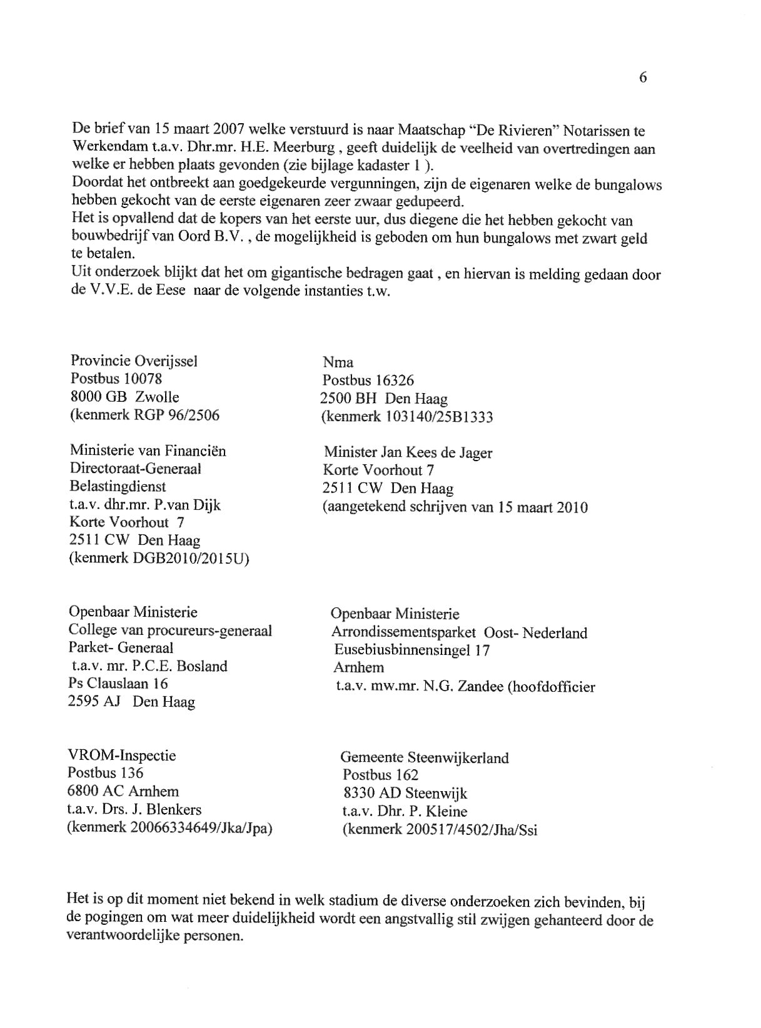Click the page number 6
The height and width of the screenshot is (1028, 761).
tap(643, 77)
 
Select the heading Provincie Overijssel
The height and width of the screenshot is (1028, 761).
tap(134, 361)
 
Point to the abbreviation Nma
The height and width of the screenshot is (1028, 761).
tap(338, 362)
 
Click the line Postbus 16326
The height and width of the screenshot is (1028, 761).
tap(368, 381)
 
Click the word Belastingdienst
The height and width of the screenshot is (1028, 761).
tap(118, 487)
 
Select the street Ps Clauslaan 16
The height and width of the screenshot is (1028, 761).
tap(118, 684)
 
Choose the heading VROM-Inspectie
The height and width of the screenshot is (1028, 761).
tap(121, 756)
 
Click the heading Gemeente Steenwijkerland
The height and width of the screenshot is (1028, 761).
tap(424, 758)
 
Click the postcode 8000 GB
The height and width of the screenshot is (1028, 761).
tap(98, 397)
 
